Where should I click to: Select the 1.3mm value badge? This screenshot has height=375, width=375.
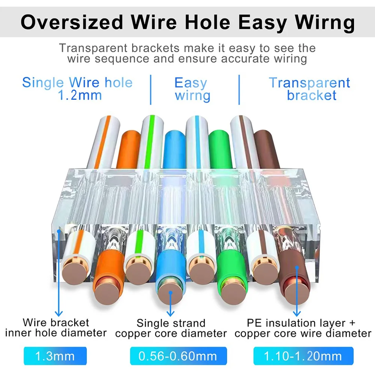click(55, 356)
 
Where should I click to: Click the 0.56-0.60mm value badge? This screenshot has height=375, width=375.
click(178, 356)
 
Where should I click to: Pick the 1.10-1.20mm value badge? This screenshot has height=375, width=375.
click(303, 356)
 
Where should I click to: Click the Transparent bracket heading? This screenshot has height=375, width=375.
click(310, 89)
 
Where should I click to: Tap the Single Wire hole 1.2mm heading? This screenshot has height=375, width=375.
click(78, 88)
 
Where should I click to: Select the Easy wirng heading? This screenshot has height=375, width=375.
click(192, 89)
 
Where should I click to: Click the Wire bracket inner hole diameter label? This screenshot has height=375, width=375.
click(56, 327)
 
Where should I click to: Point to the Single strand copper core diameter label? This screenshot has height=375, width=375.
click(171, 328)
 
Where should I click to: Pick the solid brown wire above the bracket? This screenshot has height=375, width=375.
click(266, 150)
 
